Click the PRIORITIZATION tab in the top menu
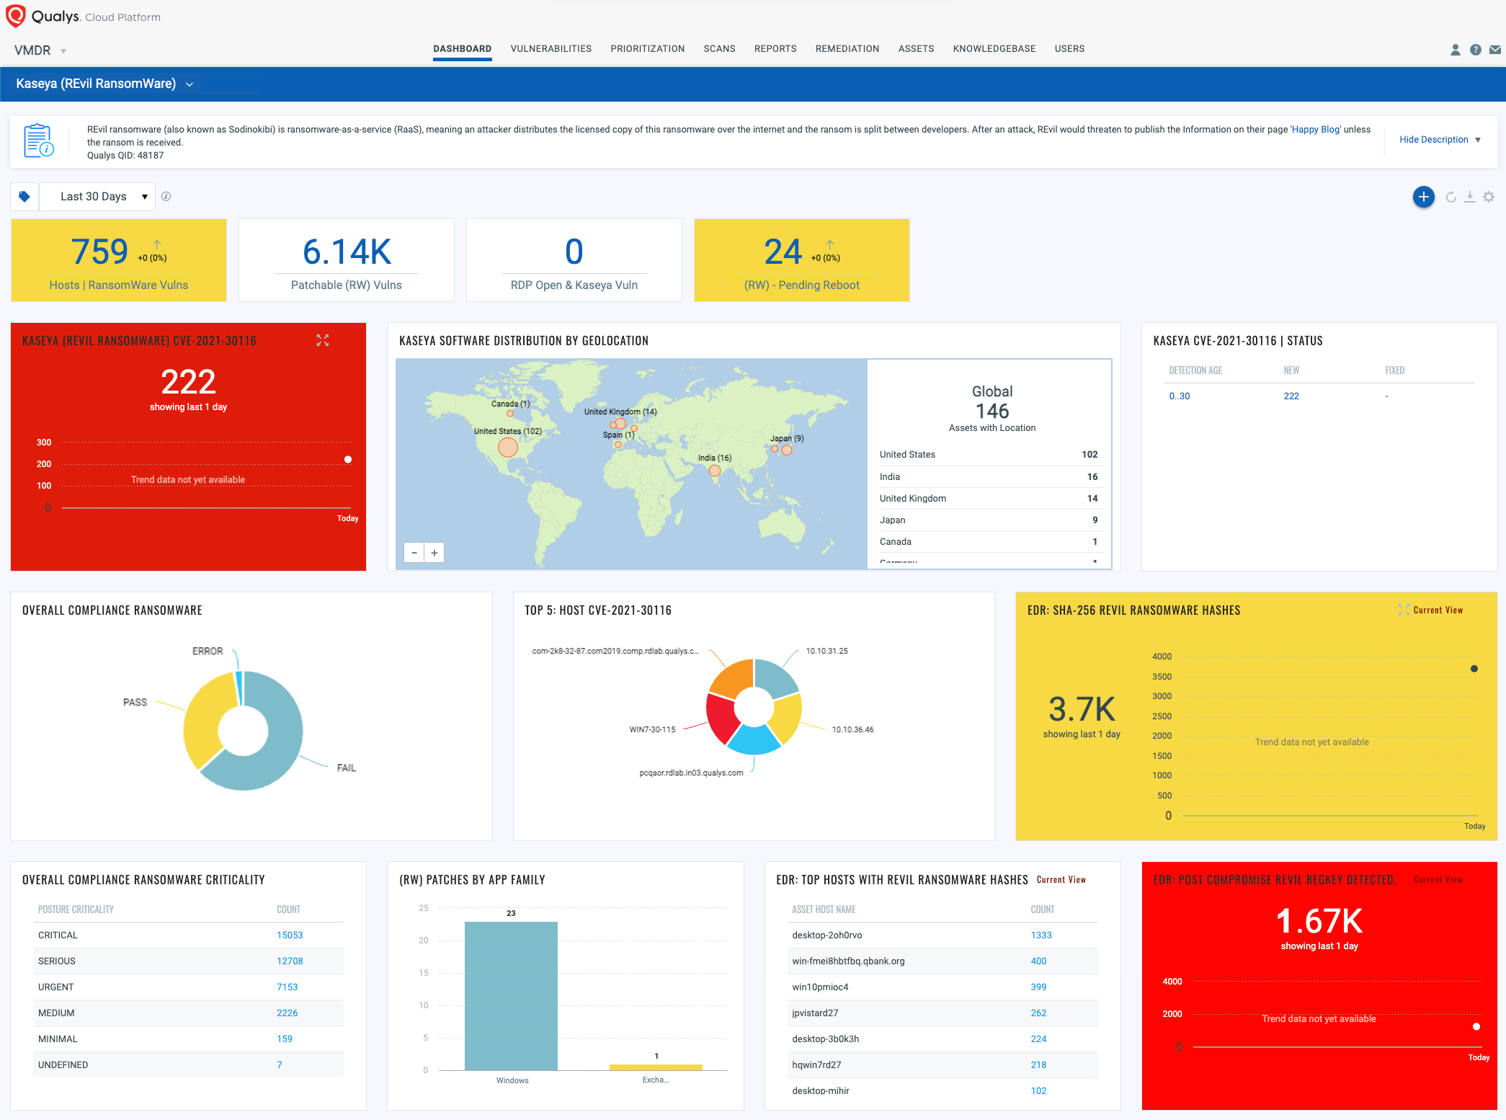(647, 49)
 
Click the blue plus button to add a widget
(1423, 197)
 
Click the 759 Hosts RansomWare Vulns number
(100, 252)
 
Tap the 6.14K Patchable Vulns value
(347, 252)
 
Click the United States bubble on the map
(508, 448)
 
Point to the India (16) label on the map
(714, 458)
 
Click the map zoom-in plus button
(435, 553)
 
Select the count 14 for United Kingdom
(1092, 498)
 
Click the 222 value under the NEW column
(1291, 396)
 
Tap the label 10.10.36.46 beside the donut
(852, 729)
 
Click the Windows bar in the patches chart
(511, 995)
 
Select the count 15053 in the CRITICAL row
(290, 935)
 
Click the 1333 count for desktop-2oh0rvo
(1041, 935)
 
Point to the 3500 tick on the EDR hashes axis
(1162, 677)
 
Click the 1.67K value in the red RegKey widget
(1319, 921)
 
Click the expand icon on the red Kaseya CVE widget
(323, 340)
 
